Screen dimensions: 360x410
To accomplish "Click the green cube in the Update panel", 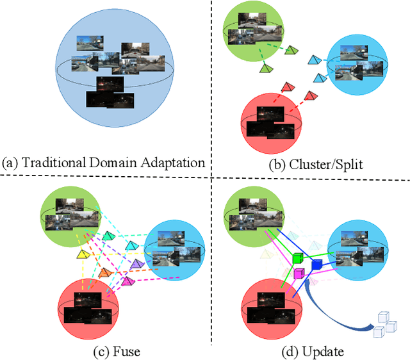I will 298,258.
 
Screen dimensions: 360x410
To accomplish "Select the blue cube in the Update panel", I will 316,263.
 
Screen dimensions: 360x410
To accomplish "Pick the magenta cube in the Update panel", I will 298,274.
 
